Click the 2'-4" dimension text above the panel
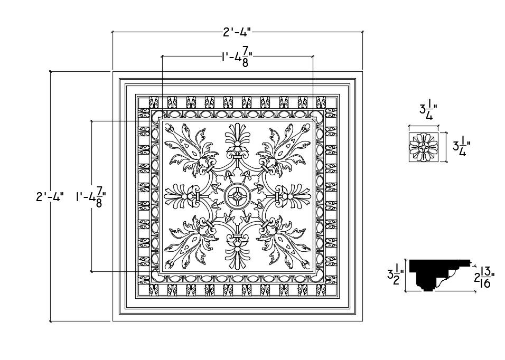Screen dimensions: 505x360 [x=236, y=32]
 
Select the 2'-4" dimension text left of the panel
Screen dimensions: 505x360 [x=50, y=197]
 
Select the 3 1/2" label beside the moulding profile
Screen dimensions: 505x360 [x=396, y=274]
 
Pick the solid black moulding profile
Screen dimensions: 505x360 [x=438, y=273]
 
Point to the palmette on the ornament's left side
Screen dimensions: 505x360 [x=178, y=197]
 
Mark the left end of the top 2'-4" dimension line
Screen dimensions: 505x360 [x=113, y=32]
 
